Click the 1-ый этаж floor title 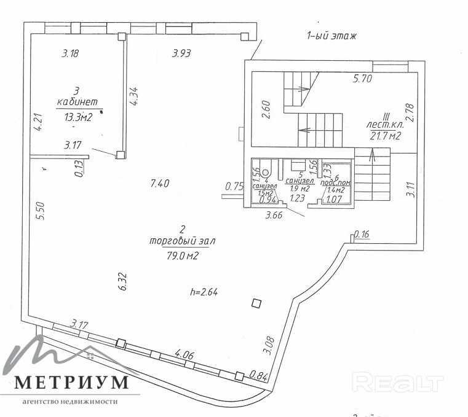[x=331, y=36]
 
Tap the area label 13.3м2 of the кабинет [x=78, y=118]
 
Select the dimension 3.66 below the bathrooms [x=273, y=216]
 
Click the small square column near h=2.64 [x=256, y=303]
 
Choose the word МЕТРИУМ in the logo [x=72, y=381]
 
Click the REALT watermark [x=400, y=383]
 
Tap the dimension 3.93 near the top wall [x=181, y=53]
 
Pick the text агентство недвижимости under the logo [x=69, y=402]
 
